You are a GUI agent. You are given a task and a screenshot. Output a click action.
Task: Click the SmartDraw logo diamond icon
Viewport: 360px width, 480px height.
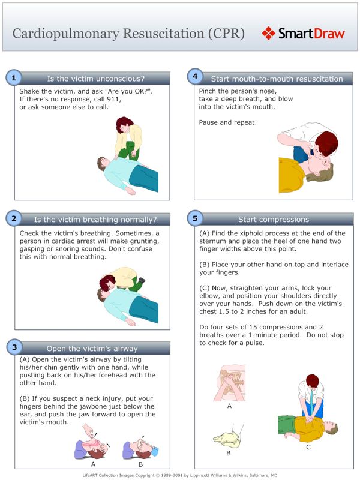click(269, 33)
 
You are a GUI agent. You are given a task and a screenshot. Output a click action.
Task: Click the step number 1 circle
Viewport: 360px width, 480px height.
click(14, 77)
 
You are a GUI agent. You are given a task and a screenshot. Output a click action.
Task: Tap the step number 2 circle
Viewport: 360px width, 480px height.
click(14, 218)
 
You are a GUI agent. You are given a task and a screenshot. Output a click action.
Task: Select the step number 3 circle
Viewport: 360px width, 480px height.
click(14, 347)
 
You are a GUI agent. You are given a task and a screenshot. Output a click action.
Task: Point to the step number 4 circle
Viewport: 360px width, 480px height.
click(194, 76)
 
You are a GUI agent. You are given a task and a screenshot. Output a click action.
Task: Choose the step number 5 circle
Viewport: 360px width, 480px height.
click(194, 218)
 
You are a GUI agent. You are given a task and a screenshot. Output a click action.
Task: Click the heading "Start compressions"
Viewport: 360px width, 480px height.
click(274, 220)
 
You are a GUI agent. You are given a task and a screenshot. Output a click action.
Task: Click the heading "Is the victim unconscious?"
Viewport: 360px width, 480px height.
click(95, 79)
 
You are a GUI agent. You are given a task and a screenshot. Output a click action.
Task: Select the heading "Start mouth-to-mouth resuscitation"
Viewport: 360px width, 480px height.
click(277, 79)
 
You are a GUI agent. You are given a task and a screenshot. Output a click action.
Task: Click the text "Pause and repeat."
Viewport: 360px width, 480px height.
click(227, 122)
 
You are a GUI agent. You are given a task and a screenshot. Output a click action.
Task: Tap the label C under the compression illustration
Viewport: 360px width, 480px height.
click(308, 447)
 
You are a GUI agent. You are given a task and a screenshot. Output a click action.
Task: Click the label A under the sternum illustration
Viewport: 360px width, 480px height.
click(229, 406)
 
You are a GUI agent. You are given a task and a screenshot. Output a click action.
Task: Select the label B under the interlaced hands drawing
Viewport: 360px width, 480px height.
click(229, 453)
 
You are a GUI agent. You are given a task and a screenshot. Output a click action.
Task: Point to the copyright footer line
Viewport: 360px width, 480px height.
click(180, 474)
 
